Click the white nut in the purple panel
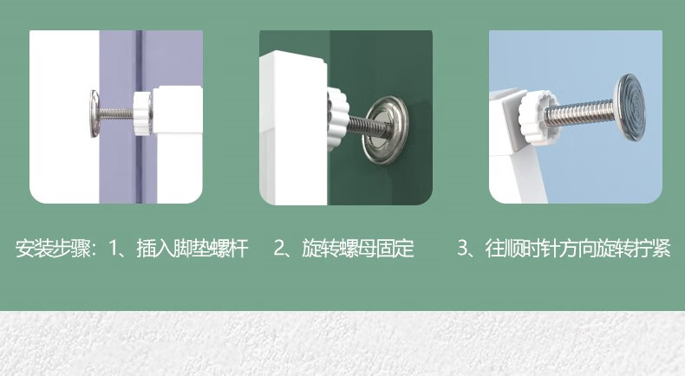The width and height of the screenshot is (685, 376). (142, 113)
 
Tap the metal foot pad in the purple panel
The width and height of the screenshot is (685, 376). (95, 113)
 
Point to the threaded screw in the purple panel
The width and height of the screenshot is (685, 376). (116, 113)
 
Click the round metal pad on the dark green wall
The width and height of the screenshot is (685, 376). (386, 130)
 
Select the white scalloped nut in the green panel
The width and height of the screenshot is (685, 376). (337, 118)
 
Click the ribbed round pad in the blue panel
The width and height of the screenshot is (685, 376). (630, 107)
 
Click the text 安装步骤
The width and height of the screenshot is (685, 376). (53, 249)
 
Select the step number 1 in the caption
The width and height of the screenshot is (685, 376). (114, 249)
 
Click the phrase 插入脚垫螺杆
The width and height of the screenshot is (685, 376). (192, 249)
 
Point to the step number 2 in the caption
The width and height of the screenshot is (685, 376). (279, 249)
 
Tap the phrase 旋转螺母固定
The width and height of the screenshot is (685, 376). (358, 249)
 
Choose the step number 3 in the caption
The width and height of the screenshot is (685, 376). (463, 249)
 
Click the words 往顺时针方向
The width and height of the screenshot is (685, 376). (541, 249)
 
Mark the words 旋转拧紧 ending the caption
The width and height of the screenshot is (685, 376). (634, 249)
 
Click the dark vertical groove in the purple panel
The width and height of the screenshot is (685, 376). (139, 117)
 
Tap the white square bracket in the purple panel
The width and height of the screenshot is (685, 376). (178, 110)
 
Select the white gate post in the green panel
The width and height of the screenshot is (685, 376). (293, 127)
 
